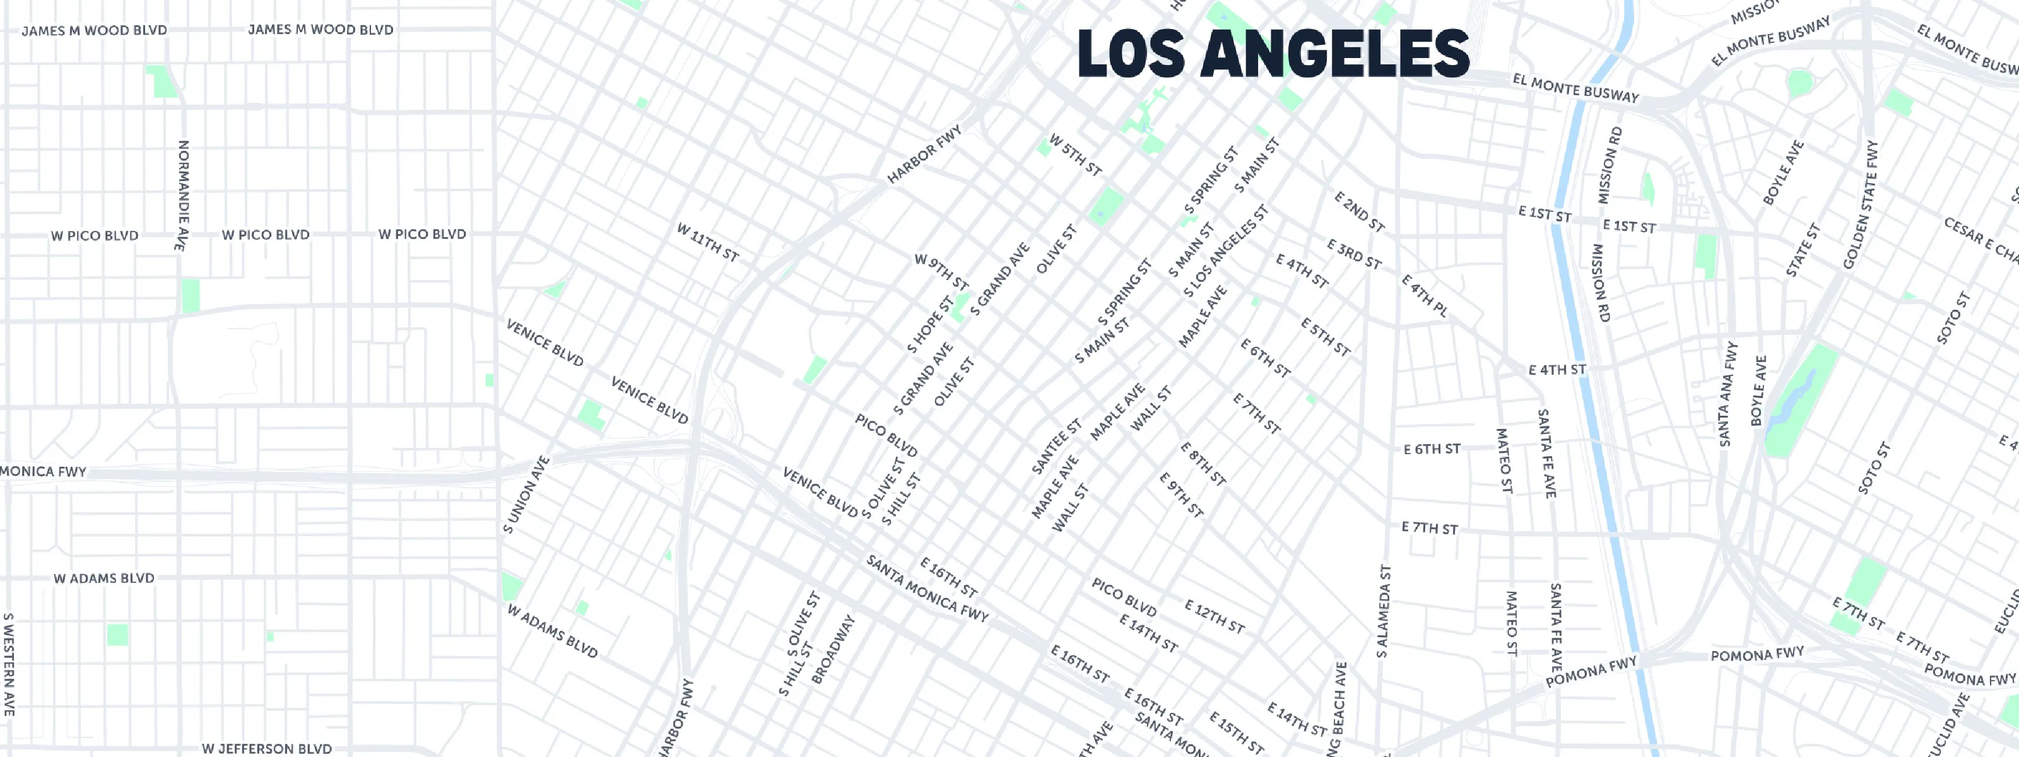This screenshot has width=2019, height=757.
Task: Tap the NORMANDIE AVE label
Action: (182, 196)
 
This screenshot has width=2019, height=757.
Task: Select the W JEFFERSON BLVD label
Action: (266, 748)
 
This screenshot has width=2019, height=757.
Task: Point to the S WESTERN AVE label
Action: (9, 664)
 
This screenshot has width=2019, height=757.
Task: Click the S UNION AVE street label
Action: (527, 495)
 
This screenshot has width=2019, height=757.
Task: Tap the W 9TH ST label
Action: (941, 272)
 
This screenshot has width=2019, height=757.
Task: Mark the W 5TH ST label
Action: (1075, 155)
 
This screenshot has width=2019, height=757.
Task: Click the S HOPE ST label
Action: (931, 324)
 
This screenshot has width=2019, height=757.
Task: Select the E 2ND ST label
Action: (1360, 211)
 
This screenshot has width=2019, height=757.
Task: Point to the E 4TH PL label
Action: (1424, 295)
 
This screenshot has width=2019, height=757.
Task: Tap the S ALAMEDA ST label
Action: (1384, 611)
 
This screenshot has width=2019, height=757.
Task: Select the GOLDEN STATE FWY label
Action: (1861, 204)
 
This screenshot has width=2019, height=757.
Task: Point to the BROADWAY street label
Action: (832, 650)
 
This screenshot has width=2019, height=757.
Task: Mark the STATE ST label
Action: (1803, 250)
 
